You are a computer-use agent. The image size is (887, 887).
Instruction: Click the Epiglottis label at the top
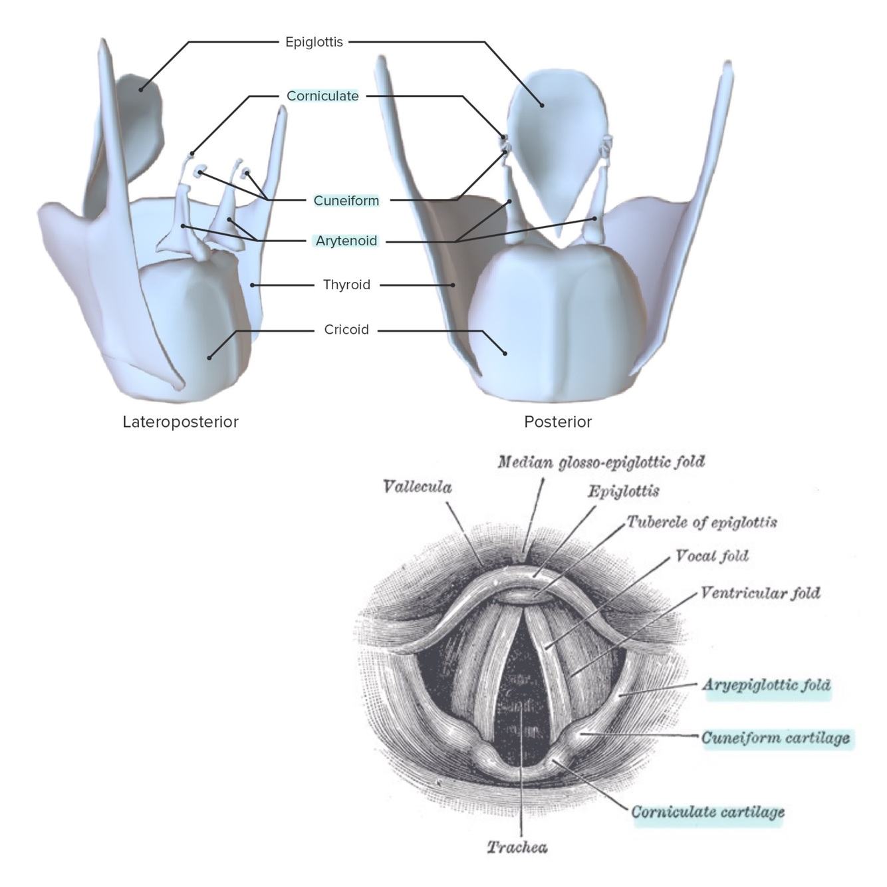(314, 42)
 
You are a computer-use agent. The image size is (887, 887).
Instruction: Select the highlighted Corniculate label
(322, 96)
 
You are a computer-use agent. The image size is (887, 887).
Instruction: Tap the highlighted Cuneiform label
(346, 200)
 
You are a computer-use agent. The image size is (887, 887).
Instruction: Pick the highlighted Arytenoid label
(346, 241)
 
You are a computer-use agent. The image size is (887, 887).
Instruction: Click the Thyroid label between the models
(346, 285)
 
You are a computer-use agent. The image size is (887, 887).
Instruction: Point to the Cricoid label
(346, 330)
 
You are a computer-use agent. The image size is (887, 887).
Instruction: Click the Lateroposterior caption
(180, 422)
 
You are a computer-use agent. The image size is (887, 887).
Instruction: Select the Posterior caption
(557, 422)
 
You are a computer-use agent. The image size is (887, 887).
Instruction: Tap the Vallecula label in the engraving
(417, 487)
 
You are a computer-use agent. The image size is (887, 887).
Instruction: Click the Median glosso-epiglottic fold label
(600, 461)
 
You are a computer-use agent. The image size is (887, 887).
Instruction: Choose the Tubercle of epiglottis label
(701, 522)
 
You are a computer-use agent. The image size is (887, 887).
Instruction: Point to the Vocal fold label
(711, 556)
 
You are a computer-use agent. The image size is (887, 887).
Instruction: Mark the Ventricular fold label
(760, 592)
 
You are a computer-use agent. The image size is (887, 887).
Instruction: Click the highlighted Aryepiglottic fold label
(766, 685)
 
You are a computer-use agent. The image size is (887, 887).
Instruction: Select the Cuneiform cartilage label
(775, 738)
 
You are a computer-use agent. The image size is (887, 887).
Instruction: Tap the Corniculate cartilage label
(707, 812)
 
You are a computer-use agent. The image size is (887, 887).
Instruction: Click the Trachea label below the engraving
(517, 847)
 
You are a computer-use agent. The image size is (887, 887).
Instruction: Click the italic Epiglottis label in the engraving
(623, 491)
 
